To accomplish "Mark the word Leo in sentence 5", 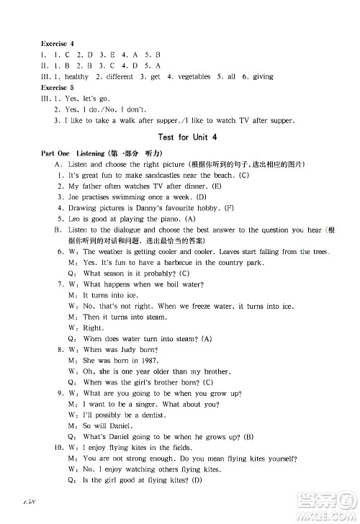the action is point(73,218).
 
